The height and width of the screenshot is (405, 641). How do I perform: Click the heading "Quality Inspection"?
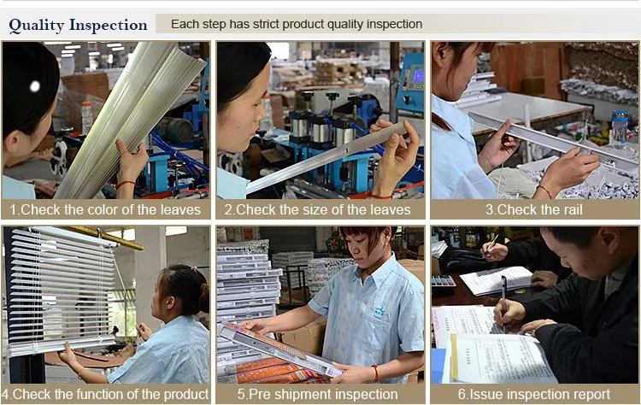coord(78,26)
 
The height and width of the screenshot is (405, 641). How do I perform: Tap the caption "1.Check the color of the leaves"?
coord(105,209)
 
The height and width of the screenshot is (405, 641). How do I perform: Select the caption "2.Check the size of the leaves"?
coord(317,209)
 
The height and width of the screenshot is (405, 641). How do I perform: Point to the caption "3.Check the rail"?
coord(534,209)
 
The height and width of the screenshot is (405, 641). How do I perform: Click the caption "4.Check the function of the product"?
coord(105,395)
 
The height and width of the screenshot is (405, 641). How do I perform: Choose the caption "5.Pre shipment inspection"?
coord(318,395)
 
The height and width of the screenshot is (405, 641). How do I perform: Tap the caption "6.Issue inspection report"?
coord(534,395)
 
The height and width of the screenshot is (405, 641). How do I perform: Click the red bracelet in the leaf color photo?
coord(125,184)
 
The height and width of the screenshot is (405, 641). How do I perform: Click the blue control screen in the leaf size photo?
coord(418,76)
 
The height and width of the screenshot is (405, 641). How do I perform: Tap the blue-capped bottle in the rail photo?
coord(620,127)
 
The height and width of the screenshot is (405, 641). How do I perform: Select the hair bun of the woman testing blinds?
coord(204,298)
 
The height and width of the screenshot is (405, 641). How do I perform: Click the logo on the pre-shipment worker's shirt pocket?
coord(379,312)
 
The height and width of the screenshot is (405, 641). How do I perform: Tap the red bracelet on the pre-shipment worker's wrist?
coord(375,373)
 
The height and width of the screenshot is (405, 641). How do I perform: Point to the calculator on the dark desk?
coord(443,281)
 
